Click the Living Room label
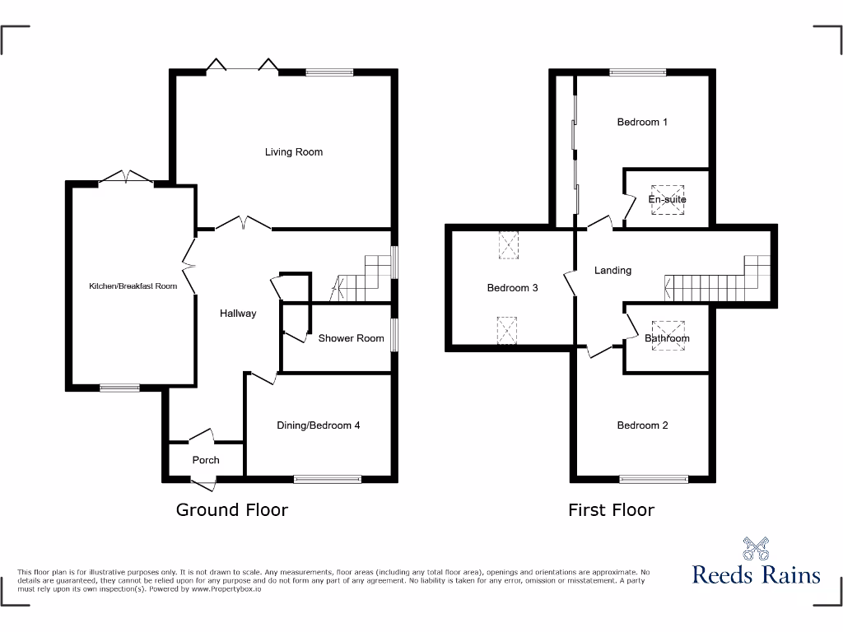[x=294, y=152]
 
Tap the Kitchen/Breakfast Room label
[x=133, y=286]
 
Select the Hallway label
[x=238, y=314]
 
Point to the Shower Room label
[x=352, y=338]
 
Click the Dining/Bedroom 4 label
[x=319, y=425]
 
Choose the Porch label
[x=206, y=460]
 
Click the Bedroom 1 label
[x=642, y=123]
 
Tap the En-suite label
[x=667, y=200]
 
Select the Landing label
[x=612, y=270]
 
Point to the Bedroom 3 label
[x=512, y=288]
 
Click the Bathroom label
[x=667, y=338]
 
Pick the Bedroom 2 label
[x=642, y=425]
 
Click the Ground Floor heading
[x=232, y=510]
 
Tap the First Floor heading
[x=611, y=510]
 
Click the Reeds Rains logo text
[x=756, y=574]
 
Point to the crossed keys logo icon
[x=756, y=548]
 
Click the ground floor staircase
[x=362, y=280]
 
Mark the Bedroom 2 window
[x=654, y=477]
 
